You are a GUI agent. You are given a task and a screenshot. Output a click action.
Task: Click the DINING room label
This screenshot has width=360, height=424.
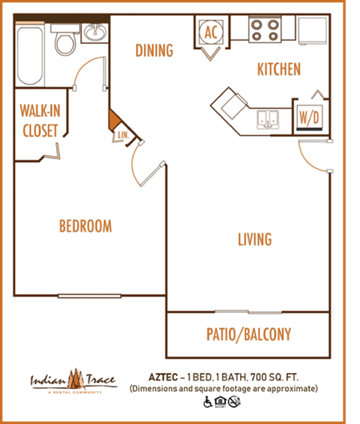pos(154,51)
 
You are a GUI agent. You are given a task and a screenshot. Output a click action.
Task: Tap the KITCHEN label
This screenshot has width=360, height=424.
pos(279,70)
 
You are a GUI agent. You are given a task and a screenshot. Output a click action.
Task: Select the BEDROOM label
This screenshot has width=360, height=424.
pos(85,226)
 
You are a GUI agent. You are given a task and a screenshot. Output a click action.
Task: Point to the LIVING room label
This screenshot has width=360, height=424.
pos(255,240)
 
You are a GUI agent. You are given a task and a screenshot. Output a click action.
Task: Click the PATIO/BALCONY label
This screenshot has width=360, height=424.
pos(248,335)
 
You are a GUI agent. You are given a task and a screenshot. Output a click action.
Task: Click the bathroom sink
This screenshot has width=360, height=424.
pos(94,34)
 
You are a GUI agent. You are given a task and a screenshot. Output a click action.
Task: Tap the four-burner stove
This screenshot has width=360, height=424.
pos(265,30)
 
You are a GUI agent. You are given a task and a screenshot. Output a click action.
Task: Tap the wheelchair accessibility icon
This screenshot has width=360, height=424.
pos(208,402)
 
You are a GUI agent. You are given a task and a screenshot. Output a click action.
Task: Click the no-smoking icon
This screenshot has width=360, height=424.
pos(234,402)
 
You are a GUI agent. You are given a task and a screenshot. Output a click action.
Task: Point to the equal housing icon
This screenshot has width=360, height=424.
pos(220,402)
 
